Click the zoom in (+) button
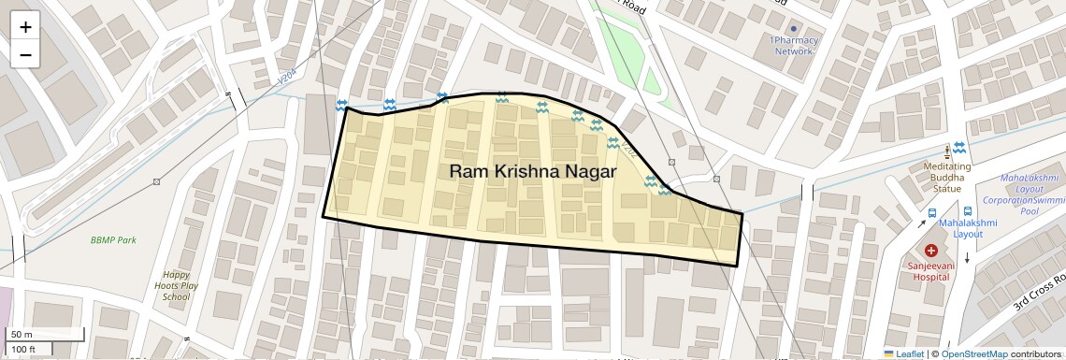(x=25, y=27)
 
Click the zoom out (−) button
(x=25, y=54)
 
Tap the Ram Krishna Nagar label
(x=532, y=171)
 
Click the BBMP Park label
(x=113, y=240)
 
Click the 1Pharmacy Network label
(x=794, y=46)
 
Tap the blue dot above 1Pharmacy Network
(x=794, y=29)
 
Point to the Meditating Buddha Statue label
(x=947, y=177)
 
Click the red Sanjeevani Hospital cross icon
(x=931, y=251)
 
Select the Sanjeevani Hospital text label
(x=931, y=272)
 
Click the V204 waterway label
(x=290, y=83)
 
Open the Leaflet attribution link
(x=903, y=353)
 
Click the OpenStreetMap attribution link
(x=973, y=353)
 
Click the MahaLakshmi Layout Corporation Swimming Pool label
(x=1029, y=194)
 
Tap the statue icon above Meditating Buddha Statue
(x=947, y=150)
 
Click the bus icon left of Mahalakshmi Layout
(x=930, y=212)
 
